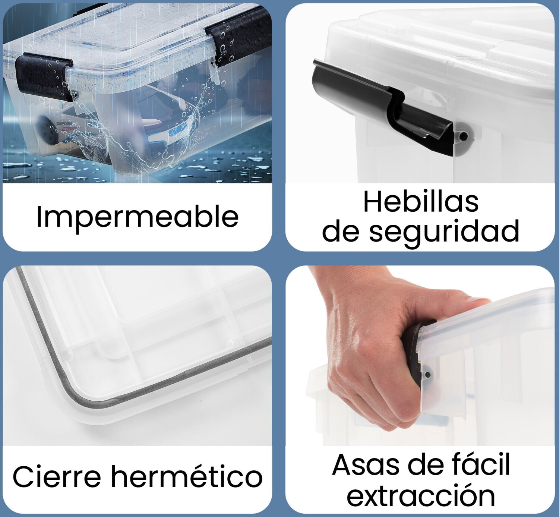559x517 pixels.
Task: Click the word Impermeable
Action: [138, 217]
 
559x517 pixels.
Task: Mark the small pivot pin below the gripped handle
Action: [427, 374]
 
